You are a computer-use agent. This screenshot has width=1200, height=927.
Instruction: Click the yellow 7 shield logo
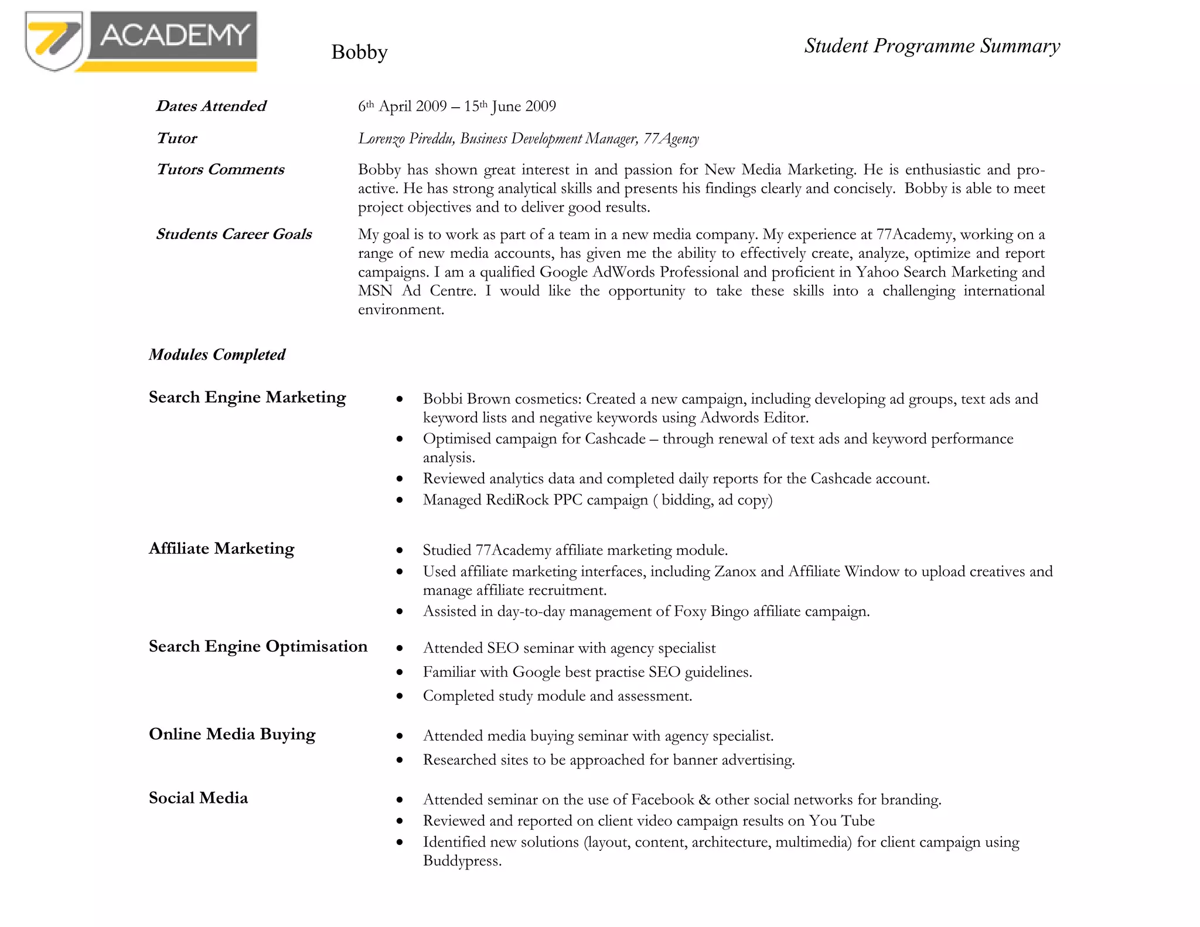tap(53, 41)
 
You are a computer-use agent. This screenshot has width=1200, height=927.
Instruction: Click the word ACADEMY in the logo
tap(174, 35)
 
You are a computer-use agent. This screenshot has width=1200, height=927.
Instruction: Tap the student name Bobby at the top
tap(359, 52)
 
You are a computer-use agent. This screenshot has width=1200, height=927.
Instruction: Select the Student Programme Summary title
tap(932, 46)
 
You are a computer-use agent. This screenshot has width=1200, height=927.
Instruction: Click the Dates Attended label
tap(211, 106)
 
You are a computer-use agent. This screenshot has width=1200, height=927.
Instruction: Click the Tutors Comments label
tap(220, 169)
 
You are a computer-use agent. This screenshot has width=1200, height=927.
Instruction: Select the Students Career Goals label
tap(234, 234)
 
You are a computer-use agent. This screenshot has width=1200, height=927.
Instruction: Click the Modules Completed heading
tap(217, 355)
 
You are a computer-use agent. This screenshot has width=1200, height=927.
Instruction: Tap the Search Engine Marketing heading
tap(247, 397)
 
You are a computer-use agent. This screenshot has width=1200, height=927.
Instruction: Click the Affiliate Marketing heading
tap(221, 548)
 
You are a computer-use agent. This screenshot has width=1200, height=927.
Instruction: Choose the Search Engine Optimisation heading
tap(258, 646)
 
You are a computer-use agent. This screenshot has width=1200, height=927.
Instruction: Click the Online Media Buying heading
tap(232, 734)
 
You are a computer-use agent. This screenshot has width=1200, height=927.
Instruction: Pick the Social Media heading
tap(198, 798)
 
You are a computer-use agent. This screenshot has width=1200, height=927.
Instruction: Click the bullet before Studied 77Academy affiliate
tap(400, 550)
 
